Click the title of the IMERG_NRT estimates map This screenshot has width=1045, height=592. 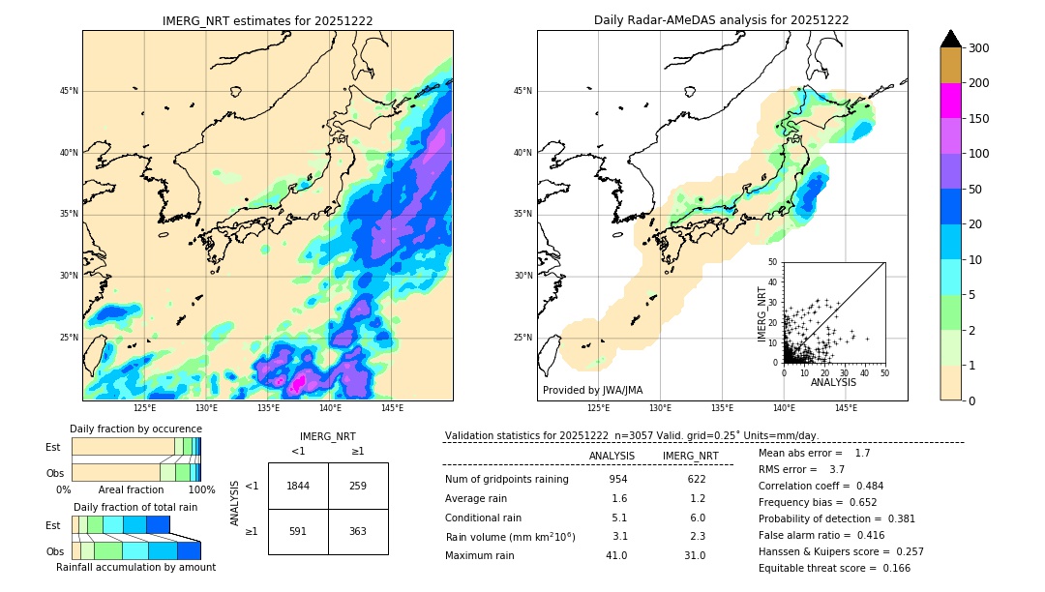coord(267,20)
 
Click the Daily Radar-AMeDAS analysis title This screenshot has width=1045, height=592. coord(721,20)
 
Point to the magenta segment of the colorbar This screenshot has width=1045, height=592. coord(951,101)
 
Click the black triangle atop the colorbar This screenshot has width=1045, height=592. coord(951,39)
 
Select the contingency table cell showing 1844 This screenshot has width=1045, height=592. coord(298,486)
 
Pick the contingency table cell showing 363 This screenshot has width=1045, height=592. coord(357,531)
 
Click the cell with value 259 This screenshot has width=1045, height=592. coord(357,486)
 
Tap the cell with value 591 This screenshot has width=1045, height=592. coord(298,531)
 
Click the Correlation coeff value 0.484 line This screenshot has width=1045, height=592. coord(821,486)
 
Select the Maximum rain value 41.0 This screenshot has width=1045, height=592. coord(616,555)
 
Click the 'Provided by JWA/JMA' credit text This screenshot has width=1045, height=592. coord(592,390)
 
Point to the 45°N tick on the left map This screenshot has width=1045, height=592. coord(68,91)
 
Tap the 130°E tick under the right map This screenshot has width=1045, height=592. coord(660,408)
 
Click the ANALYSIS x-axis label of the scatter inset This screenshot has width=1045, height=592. coord(833,382)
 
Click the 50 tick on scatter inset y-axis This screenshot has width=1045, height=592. coord(773,262)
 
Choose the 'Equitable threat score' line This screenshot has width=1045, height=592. coord(834,568)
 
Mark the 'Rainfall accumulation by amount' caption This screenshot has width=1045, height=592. coord(143,568)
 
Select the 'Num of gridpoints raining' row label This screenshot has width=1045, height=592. coord(507,479)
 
